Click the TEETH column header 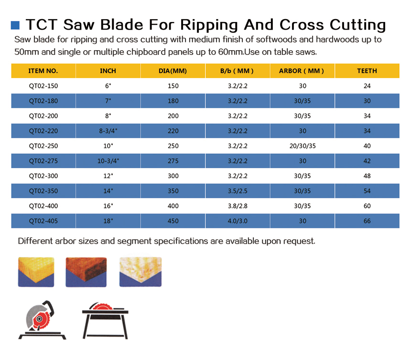coord(367,71)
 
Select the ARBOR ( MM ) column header coord(302,71)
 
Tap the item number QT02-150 coord(43,86)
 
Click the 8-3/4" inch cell coord(108,131)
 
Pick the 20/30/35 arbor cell coord(303,146)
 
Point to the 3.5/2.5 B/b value coord(238,191)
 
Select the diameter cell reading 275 coord(173,161)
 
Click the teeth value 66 coord(367,221)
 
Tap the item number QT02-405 coord(43,221)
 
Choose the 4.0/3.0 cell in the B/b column coord(238,221)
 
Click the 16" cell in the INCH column coord(108,206)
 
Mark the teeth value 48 coord(367,176)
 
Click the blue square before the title coord(15,25)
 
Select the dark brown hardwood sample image coord(86,272)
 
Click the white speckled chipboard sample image coord(141,272)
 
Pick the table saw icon coord(105,320)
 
